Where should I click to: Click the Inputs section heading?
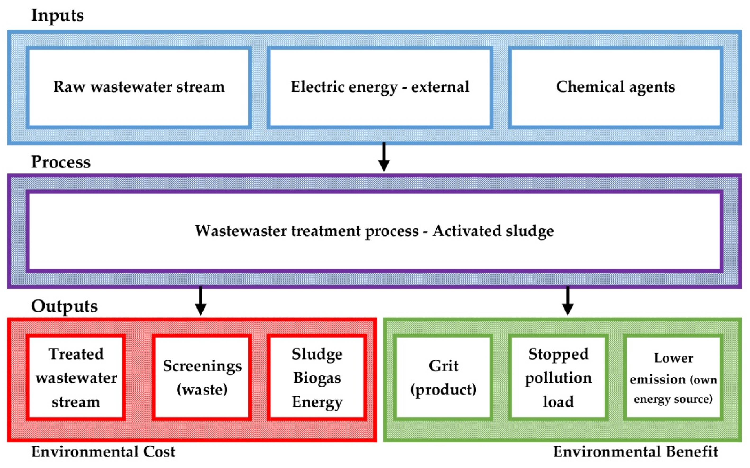point(57,15)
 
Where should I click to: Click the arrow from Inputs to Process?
point(384,157)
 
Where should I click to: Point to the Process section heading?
point(61,162)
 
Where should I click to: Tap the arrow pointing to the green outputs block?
point(567,301)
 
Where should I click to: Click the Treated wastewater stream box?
point(76,377)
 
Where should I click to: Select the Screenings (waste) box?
point(202,377)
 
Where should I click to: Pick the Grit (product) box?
point(443,377)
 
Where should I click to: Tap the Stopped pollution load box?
point(558,377)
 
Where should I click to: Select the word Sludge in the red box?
point(317,354)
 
